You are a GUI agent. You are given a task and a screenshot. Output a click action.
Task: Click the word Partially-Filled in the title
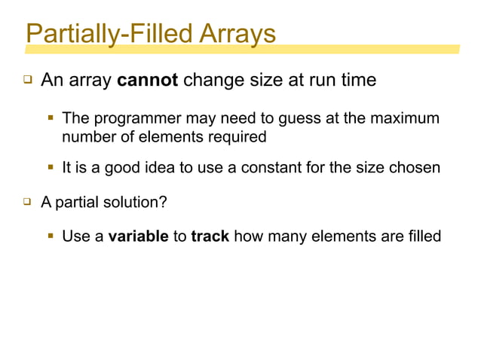coord(110,33)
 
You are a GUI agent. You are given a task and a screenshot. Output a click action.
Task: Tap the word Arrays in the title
coord(237,33)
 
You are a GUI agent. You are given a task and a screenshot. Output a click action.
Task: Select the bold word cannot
coord(148,80)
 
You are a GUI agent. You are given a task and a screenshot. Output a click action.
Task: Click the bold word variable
coord(138,236)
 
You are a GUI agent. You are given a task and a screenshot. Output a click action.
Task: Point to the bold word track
coord(210,236)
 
